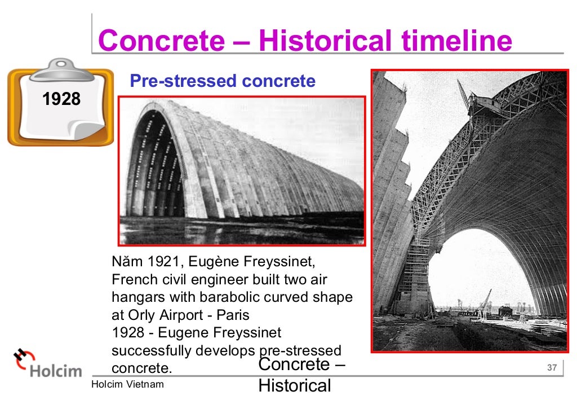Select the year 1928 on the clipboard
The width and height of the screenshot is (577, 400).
pos(61,99)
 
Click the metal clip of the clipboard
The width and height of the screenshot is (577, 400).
pos(62,68)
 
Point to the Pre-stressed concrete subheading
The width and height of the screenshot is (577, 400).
pos(223,81)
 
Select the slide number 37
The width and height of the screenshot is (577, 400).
pos(552,368)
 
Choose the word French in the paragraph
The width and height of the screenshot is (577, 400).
pos(130,280)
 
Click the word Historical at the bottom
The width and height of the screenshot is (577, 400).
pos(294,386)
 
